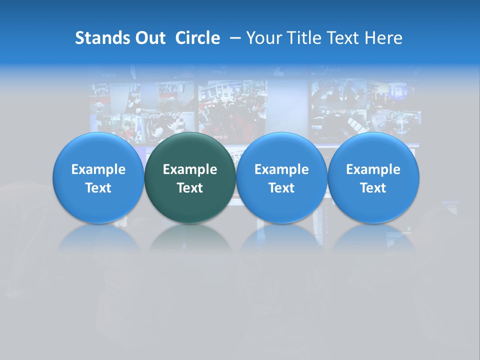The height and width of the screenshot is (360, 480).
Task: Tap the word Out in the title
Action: coord(149,38)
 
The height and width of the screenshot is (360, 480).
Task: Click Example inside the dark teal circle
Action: coord(190,169)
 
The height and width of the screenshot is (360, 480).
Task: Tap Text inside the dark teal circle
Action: coord(190,188)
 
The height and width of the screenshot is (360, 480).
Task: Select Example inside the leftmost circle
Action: coord(98,169)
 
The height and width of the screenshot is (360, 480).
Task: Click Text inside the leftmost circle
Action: coord(98,188)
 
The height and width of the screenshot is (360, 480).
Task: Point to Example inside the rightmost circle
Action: coord(373,169)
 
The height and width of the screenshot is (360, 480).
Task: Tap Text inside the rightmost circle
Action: coord(373,188)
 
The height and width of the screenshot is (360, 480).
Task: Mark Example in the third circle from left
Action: coord(281,169)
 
